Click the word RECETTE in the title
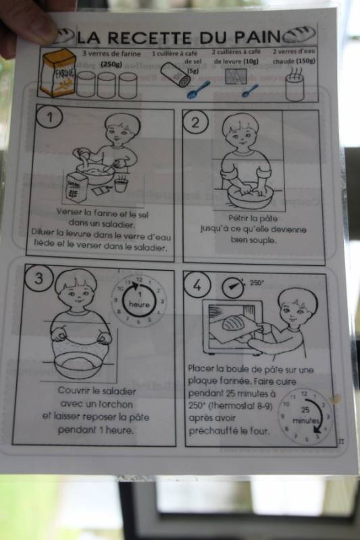coord(149,38)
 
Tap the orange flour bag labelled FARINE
coord(58,73)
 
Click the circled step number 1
coord(50,117)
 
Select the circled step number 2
coord(195,122)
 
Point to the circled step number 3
coord(38,278)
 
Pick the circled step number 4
coord(197,285)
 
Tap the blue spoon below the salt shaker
coord(198,90)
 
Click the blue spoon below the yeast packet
coord(250,90)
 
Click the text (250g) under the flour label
coord(111,64)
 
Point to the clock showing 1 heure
coord(139,300)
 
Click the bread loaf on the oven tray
coord(235,324)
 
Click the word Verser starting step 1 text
coord(69,211)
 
